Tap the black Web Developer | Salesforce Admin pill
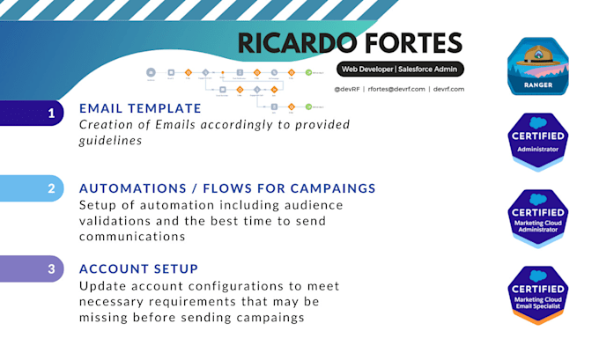tap(400, 70)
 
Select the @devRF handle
tap(348, 89)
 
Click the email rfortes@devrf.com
tap(396, 89)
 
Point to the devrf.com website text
tap(448, 89)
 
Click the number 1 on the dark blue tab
tap(51, 113)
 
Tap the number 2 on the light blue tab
tap(51, 188)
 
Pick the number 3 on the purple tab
tap(51, 268)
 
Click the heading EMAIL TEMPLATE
tap(140, 109)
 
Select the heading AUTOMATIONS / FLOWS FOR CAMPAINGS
tap(227, 188)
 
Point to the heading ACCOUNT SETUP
tap(138, 268)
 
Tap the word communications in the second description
tap(133, 236)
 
